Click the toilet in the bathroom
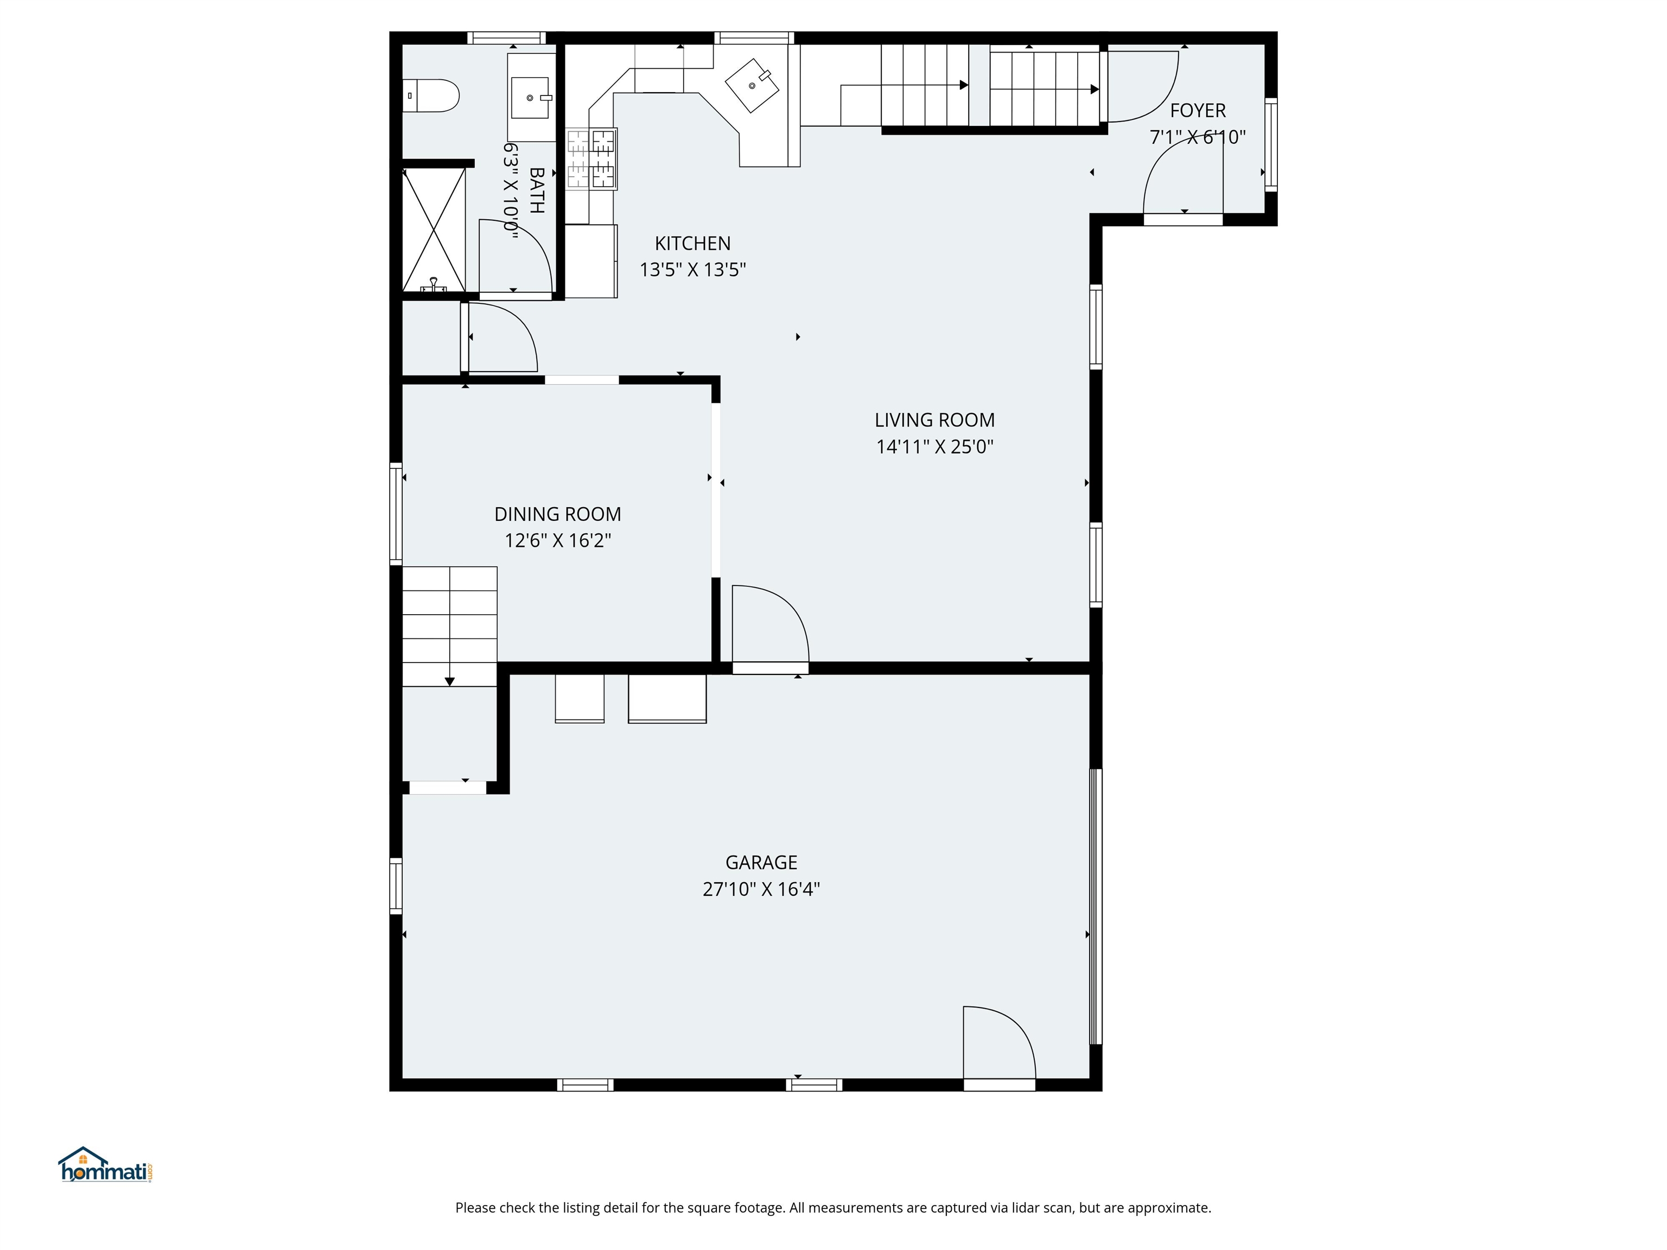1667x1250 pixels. (432, 95)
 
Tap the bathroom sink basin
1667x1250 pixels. (530, 98)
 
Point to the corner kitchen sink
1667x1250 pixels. (752, 85)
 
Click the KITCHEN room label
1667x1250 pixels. (692, 244)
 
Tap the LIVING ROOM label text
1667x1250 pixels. (934, 420)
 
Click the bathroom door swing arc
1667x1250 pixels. (516, 256)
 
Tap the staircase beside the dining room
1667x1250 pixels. (449, 626)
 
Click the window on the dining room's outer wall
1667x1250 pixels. (396, 513)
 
